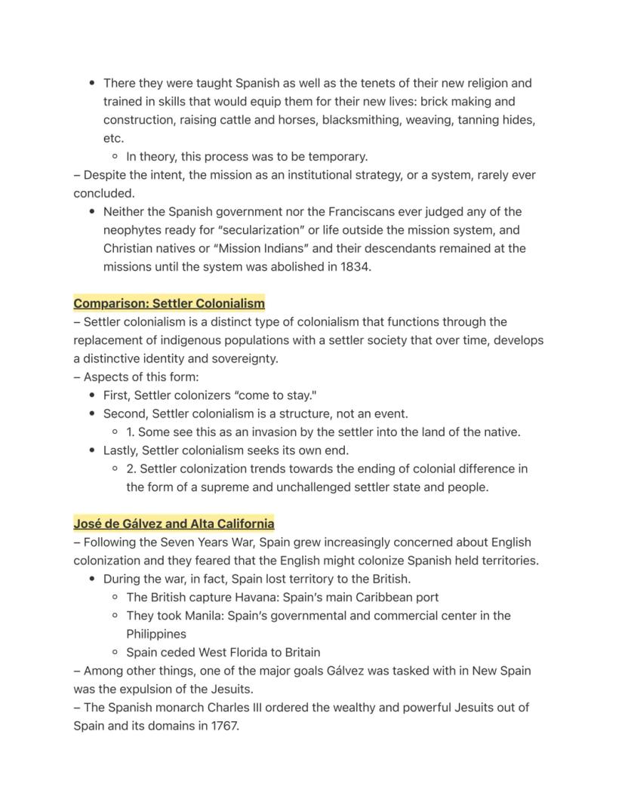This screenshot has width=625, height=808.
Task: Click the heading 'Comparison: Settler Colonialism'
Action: click(169, 303)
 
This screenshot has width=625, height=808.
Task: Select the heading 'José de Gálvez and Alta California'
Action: click(174, 524)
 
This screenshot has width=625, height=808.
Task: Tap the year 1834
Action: click(354, 267)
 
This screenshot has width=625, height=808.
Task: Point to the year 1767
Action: click(223, 727)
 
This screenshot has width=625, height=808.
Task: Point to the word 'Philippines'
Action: click(156, 634)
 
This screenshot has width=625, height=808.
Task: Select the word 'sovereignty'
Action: click(243, 359)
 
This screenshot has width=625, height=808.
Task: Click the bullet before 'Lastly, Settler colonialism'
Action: click(93, 451)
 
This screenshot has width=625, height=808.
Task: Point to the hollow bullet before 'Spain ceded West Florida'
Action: click(115, 653)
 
